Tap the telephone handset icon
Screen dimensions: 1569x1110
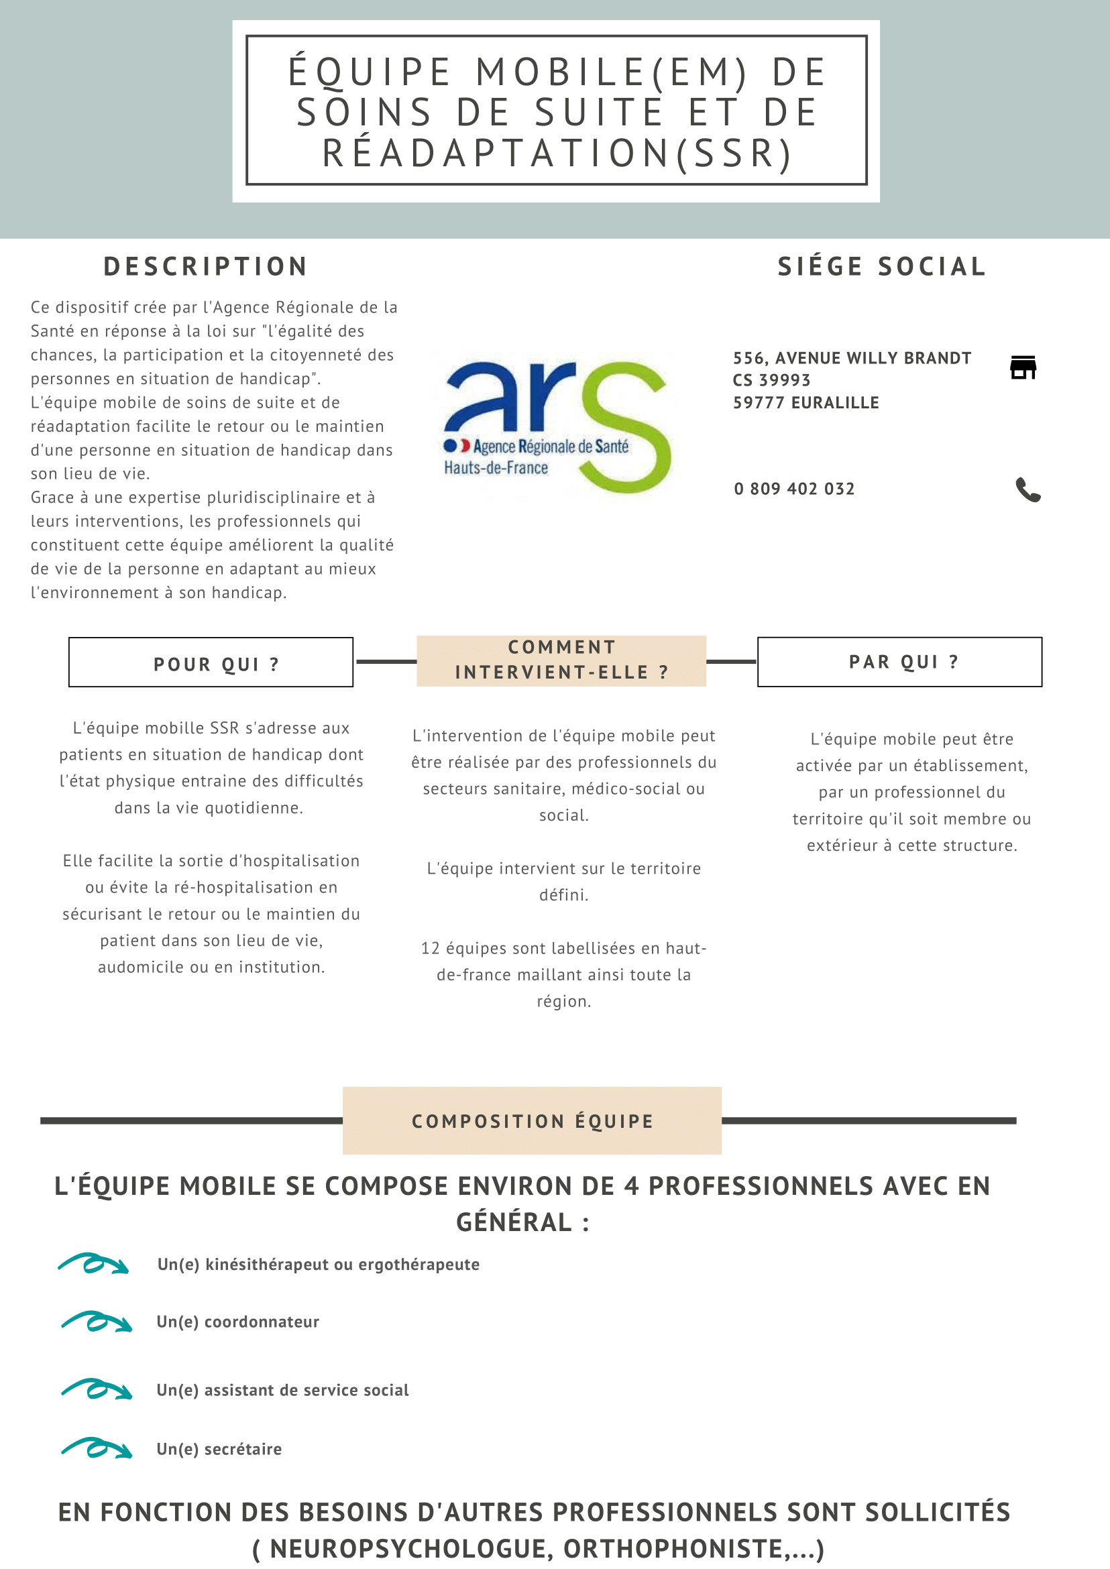(1028, 489)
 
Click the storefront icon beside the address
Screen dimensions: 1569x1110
(1023, 367)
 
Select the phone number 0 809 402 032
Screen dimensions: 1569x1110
(793, 489)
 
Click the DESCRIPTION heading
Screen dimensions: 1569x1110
(205, 266)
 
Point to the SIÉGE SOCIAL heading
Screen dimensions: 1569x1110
(882, 266)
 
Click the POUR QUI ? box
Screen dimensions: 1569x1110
(211, 662)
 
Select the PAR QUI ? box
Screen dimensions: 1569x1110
(899, 662)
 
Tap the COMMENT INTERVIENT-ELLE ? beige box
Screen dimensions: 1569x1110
(561, 660)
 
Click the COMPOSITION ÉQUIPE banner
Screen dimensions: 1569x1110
(532, 1120)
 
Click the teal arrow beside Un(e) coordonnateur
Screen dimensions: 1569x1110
(97, 1322)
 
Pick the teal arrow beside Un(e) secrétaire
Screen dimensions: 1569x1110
(97, 1448)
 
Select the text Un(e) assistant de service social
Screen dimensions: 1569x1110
(282, 1390)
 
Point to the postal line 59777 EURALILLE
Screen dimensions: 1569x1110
(806, 402)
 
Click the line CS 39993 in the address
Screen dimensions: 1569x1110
(771, 380)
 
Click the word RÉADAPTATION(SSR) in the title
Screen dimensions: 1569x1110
(557, 153)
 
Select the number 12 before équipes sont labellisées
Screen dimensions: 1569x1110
(430, 949)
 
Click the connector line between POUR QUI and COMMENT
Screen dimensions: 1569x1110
(386, 662)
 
